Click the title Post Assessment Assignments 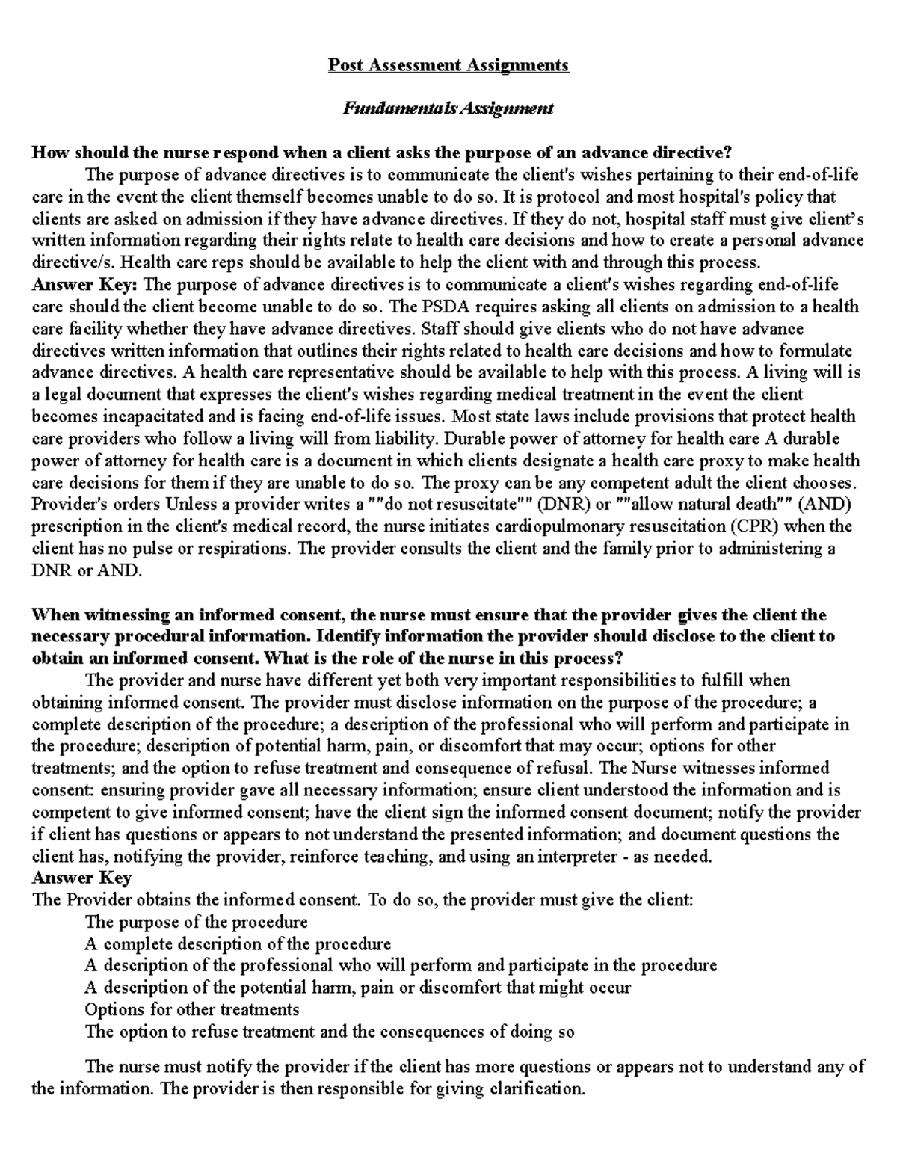tap(449, 65)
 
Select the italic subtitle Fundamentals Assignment tap(448, 108)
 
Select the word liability tap(410, 439)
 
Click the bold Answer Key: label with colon tap(84, 285)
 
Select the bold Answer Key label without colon tap(81, 878)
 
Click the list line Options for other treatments tap(192, 1010)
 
